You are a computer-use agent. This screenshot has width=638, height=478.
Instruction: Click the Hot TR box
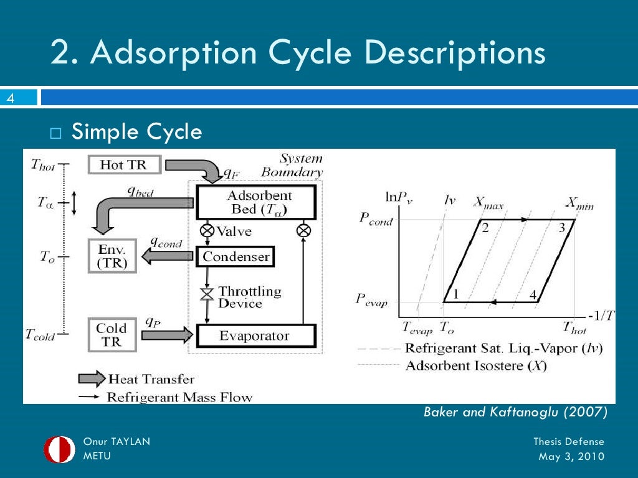[125, 165]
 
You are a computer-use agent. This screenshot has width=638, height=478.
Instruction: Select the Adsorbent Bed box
[256, 202]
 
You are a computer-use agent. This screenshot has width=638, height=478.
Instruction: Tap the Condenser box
[236, 256]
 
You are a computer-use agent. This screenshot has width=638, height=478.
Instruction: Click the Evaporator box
[255, 336]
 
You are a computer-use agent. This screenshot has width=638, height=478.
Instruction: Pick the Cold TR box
[111, 335]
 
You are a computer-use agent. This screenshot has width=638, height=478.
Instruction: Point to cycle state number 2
[485, 228]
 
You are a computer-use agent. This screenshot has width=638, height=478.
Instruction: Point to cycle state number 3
[561, 228]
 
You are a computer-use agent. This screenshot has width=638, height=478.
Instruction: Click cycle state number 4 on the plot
[533, 294]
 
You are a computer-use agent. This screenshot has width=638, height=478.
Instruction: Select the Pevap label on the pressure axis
[372, 300]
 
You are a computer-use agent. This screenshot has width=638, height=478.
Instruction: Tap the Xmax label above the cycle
[489, 202]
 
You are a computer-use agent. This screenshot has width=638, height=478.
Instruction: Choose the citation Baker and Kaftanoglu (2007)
[515, 412]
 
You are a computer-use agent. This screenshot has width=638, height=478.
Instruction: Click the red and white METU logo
[59, 449]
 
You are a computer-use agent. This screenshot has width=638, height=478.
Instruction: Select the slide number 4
[11, 98]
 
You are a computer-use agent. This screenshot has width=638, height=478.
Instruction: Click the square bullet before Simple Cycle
[56, 133]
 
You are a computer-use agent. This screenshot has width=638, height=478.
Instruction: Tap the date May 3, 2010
[571, 457]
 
